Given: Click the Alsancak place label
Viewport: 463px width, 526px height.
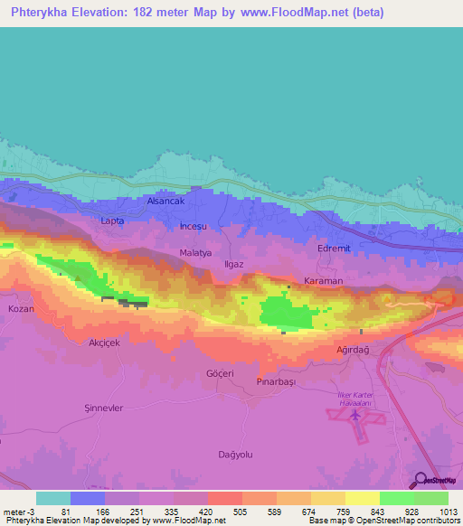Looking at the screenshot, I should [165, 202].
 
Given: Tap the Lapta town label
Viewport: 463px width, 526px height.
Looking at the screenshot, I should [112, 221].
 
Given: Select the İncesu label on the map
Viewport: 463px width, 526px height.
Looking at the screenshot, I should [194, 225].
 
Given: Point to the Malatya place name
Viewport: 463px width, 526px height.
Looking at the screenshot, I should [195, 253].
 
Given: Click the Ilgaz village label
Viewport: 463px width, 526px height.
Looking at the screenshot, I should [236, 265].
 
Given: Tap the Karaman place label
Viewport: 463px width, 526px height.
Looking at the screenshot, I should [323, 281].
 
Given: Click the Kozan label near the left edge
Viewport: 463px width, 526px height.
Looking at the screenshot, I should [20, 309].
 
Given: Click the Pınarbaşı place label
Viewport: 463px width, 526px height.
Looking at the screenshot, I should [277, 382].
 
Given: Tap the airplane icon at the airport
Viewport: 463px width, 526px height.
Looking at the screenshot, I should [355, 416].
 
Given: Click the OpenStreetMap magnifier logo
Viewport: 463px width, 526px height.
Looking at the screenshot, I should [420, 480].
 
